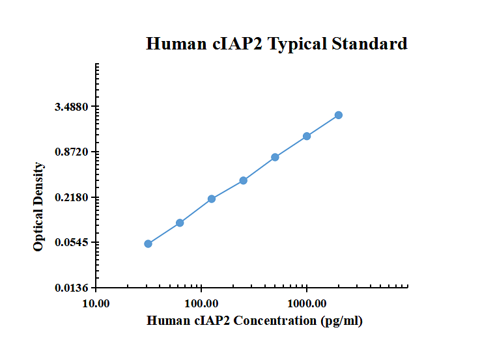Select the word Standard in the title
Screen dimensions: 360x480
pos(370,44)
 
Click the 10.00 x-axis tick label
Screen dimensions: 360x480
pos(96,303)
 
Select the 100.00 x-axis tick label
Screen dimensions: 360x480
pos(201,303)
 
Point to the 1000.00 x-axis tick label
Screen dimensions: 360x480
pos(307,303)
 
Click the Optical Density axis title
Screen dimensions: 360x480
pos(38,207)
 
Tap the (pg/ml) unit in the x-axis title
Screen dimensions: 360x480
pos(341,321)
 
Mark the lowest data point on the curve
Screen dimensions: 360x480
pos(148,243)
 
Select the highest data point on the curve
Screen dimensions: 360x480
pos(339,115)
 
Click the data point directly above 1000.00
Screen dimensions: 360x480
pos(307,136)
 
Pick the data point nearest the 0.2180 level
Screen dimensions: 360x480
pos(212,199)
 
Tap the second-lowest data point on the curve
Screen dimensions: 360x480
pos(180,223)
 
